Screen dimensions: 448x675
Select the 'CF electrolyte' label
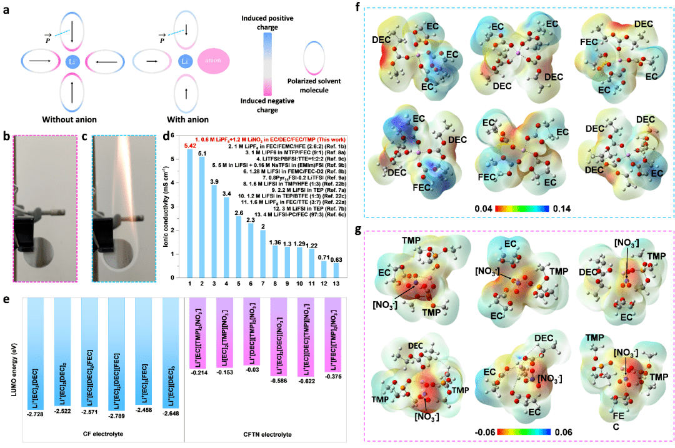click(x=103, y=433)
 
